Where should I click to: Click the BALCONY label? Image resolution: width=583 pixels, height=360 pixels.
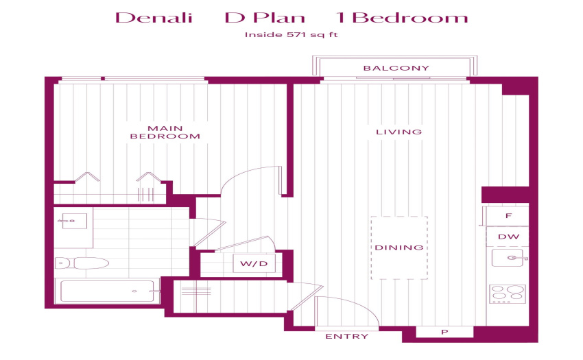(x=396, y=68)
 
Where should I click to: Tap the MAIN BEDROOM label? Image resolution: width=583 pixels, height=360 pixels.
(x=165, y=132)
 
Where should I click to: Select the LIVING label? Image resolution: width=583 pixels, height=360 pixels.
(x=399, y=132)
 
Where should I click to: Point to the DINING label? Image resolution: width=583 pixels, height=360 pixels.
(x=399, y=248)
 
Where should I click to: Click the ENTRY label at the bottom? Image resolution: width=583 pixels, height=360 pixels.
(x=347, y=337)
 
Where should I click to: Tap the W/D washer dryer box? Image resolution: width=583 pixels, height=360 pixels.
(x=254, y=264)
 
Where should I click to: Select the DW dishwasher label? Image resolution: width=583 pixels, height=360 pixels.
(x=508, y=237)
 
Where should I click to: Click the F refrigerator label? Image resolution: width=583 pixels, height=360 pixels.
(x=509, y=216)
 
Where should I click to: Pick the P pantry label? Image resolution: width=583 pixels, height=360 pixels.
(x=444, y=332)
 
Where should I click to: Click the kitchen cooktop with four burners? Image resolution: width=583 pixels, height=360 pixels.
(x=508, y=293)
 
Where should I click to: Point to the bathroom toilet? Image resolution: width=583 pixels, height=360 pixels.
(x=82, y=263)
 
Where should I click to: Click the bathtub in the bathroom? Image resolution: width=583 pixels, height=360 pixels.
(x=108, y=291)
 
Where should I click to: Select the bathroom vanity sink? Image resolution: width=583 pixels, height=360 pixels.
(x=74, y=221)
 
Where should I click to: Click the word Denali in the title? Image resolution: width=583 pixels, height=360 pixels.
(x=154, y=17)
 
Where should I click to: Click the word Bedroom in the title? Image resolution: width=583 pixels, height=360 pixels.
(x=409, y=17)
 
